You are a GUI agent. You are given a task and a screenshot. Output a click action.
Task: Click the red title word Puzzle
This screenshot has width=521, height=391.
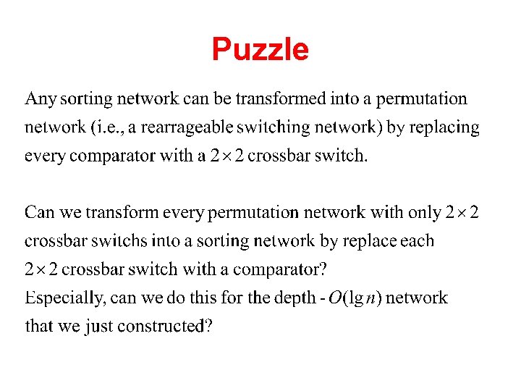260,50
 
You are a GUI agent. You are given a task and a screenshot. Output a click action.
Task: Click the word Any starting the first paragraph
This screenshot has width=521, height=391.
41,98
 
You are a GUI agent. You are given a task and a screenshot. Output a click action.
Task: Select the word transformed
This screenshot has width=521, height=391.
287,98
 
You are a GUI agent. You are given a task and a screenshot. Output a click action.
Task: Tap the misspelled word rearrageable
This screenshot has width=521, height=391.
187,127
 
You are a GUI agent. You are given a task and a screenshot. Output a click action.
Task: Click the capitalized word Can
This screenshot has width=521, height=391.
38,212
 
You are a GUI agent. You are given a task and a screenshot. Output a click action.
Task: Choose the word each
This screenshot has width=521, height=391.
418,240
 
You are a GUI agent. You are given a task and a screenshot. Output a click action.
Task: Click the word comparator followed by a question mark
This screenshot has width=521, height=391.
275,269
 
